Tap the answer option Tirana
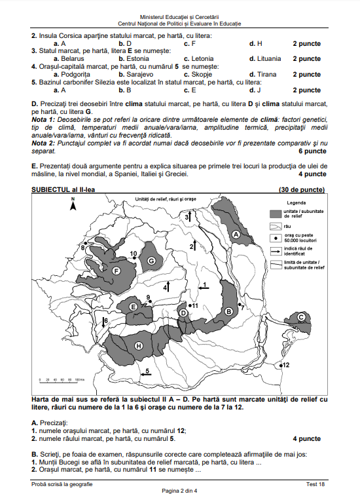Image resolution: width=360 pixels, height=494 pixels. (266, 74)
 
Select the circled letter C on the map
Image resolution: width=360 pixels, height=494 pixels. (301, 317)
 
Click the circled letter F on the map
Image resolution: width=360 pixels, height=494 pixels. (117, 271)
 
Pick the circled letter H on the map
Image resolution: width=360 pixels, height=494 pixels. (138, 345)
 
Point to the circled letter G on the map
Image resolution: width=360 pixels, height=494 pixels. (151, 261)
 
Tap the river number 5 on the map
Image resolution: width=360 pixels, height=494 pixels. (147, 371)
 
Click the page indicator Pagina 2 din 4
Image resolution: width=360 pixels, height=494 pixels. (179, 490)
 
